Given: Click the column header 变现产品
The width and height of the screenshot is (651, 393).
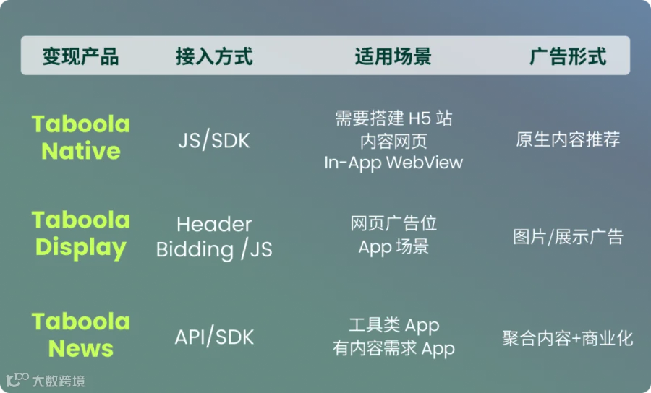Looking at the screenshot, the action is point(80,56).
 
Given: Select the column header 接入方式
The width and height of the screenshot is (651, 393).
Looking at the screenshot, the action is point(214,56).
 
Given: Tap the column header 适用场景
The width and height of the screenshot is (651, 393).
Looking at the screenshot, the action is point(393,56).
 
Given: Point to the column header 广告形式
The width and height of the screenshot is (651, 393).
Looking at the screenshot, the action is point(568,56).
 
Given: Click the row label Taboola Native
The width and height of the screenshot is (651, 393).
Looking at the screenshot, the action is point(81,137).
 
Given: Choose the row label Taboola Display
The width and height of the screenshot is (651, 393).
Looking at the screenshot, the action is point(81,234).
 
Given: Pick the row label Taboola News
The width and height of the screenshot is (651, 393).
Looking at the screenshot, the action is point(81,335).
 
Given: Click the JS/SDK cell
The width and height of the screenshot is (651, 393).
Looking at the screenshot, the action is point(214,140).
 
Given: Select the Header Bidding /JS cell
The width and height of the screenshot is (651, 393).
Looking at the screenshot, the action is point(214,237).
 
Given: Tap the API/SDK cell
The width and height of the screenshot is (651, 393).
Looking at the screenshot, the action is point(214,337).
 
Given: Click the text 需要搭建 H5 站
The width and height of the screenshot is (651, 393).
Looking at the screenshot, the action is point(393,118).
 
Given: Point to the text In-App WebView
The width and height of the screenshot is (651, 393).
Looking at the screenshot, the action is point(393,163).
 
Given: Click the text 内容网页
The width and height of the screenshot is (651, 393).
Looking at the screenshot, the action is point(393,142).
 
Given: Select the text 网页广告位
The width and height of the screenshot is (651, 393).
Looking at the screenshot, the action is point(393,223).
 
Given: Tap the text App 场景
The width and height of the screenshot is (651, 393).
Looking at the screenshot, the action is point(393,247).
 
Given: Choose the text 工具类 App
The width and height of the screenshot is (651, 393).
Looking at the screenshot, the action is point(393,325).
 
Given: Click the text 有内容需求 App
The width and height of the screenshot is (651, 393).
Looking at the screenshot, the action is point(393,349).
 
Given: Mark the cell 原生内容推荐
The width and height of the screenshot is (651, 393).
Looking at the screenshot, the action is point(568,139).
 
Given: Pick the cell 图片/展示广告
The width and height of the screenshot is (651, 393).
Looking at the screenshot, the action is point(568,237).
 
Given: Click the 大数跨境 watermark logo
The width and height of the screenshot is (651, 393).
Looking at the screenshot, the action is point(46,381).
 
